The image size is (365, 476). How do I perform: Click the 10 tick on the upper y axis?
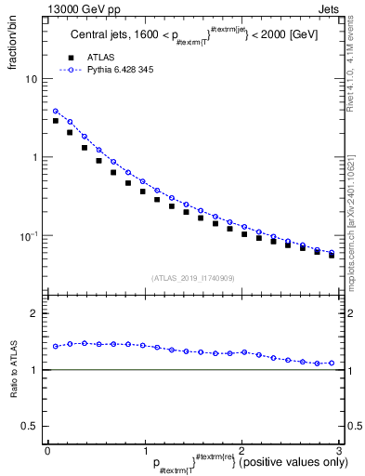(33, 79)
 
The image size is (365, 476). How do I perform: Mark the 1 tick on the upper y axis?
(36, 157)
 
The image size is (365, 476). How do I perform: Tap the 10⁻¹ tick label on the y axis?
(31, 236)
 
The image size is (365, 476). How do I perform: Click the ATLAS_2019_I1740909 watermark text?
(193, 278)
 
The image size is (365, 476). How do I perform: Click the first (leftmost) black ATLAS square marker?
(56, 121)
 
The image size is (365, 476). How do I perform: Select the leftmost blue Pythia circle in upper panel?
(56, 112)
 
